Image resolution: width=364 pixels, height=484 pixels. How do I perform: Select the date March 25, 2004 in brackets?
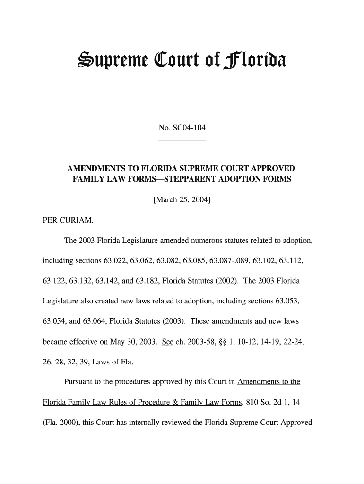[182, 199]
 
